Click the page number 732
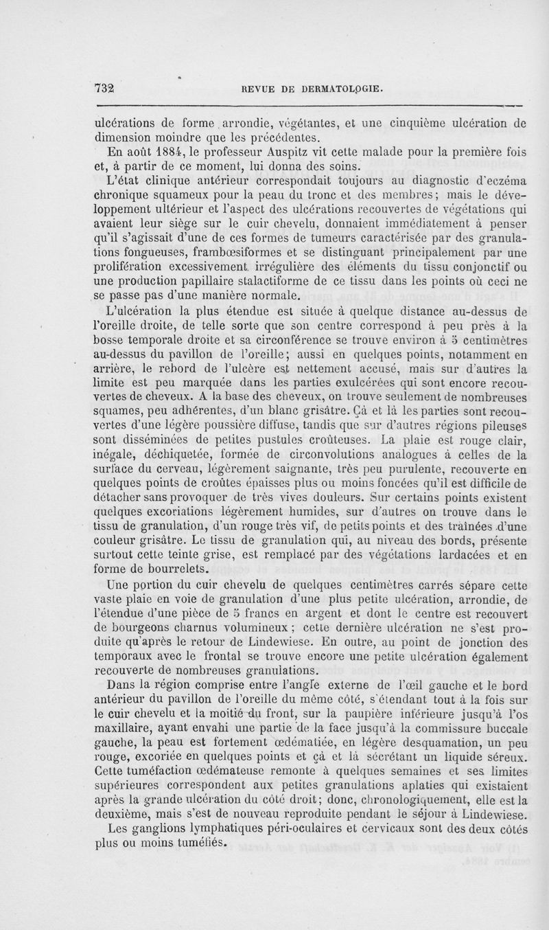click(106, 87)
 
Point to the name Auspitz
click(295, 152)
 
